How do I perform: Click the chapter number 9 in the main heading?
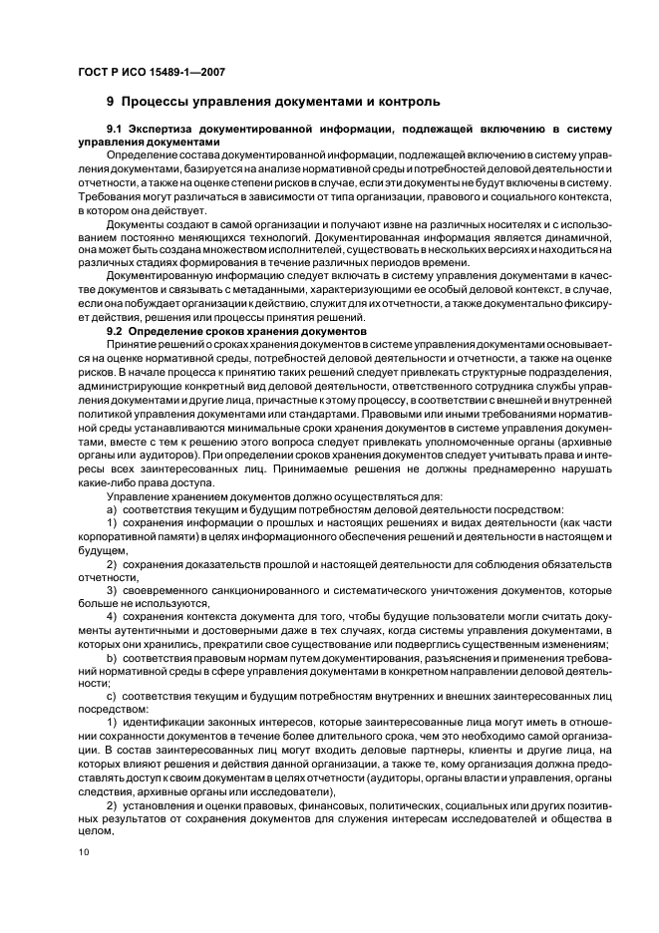(x=111, y=102)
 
